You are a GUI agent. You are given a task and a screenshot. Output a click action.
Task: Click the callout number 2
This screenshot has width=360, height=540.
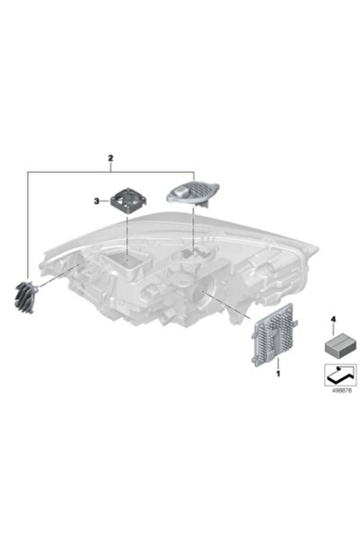pyautogui.click(x=110, y=159)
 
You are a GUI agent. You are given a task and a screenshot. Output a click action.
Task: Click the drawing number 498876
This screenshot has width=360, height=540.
pyautogui.click(x=334, y=389)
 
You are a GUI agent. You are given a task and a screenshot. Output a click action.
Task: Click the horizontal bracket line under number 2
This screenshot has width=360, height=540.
pyautogui.click(x=110, y=170)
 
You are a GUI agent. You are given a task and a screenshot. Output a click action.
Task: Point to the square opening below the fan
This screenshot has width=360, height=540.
pyautogui.click(x=131, y=261)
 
